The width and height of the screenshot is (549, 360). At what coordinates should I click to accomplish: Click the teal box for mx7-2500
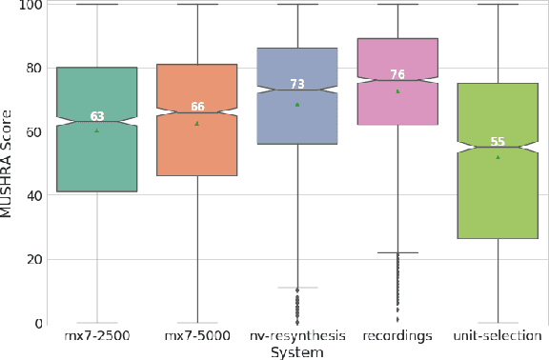96,152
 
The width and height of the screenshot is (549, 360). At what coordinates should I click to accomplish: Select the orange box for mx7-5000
197,143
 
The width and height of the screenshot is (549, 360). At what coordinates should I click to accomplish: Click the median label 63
97,116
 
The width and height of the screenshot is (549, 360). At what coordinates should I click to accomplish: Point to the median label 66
197,107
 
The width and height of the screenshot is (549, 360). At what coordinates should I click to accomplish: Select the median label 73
297,85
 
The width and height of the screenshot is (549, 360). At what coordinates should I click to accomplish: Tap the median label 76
397,75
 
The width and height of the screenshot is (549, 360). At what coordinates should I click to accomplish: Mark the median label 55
498,142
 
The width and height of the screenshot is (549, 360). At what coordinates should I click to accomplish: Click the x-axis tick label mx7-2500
97,336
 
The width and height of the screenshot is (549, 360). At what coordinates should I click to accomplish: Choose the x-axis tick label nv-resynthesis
297,336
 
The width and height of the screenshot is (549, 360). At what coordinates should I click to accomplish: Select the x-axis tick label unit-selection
498,336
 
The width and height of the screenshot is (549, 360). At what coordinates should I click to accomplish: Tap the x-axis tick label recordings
397,336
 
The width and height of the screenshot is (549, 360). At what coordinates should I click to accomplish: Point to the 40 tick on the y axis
34,195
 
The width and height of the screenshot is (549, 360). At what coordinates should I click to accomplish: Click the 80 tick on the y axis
34,68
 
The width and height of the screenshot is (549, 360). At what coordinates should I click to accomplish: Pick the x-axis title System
296,351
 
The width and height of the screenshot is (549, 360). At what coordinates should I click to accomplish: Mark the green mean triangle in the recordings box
397,91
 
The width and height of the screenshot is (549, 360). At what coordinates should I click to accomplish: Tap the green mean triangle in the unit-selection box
498,157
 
